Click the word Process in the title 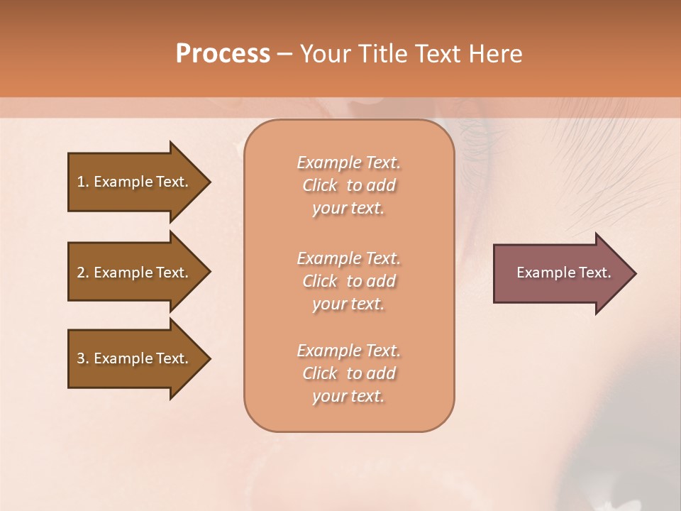(223, 54)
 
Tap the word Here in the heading (496, 54)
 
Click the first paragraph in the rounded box (348, 185)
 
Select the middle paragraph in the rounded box (348, 281)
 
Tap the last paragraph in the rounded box (348, 373)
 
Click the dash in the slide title (284, 55)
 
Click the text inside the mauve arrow (563, 273)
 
